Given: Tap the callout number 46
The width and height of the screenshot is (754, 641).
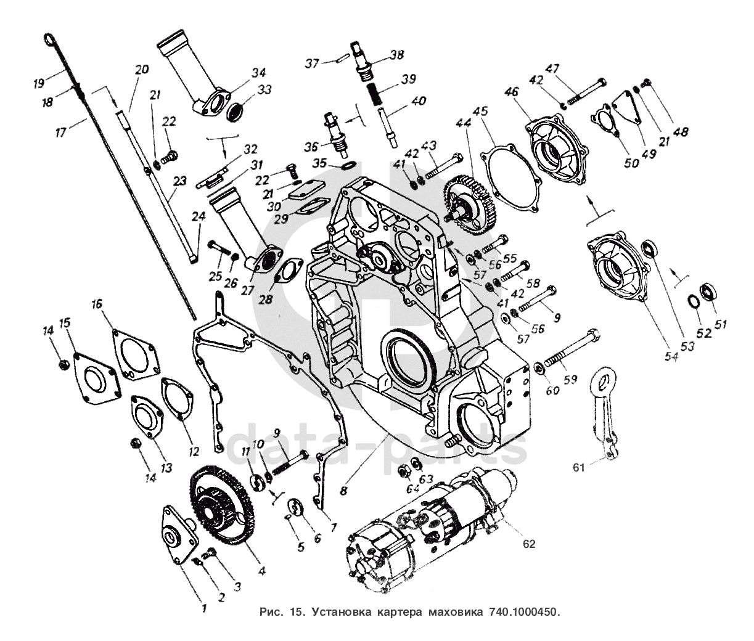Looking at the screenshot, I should [511, 93].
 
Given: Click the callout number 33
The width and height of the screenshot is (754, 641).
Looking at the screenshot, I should [264, 89].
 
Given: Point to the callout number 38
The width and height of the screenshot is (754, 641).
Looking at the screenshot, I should [396, 54].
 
